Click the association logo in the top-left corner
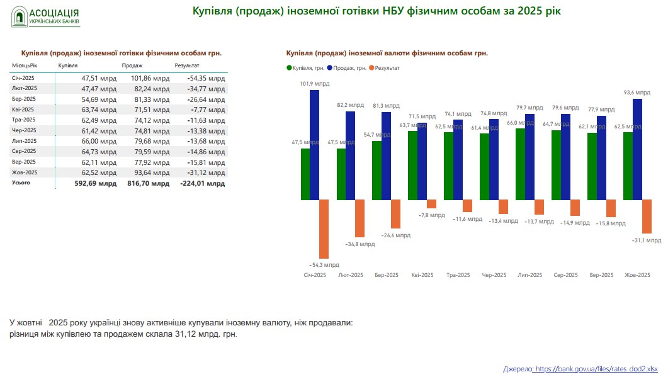click(46, 17)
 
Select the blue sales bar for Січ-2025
click(315, 145)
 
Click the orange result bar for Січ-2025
click(324, 229)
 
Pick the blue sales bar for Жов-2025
click(637, 149)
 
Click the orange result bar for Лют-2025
click(359, 218)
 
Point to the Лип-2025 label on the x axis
click(529, 275)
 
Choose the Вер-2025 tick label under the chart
click(601, 275)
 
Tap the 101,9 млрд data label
click(315, 83)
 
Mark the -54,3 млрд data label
click(324, 265)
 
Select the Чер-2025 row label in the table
click(24, 130)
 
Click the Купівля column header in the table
click(68, 65)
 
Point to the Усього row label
click(21, 183)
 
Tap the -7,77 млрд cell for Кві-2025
click(207, 110)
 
